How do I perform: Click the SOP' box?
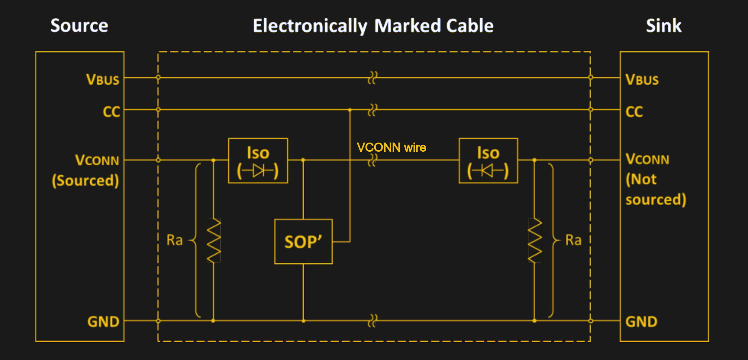pos(303,242)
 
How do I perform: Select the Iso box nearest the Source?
pos(258,161)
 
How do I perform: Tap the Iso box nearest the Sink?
pos(488,161)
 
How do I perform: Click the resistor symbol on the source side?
pos(213,240)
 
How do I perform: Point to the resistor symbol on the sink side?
pos(535,240)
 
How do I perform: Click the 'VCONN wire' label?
pos(391,147)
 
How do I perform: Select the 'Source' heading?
pos(79,26)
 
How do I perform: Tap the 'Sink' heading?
pos(663,26)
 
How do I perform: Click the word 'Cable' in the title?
pos(470,26)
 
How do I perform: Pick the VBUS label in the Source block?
pos(103,80)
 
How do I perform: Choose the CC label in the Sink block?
pos(634,112)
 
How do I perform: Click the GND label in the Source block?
pos(103,322)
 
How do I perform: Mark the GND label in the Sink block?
pos(641,322)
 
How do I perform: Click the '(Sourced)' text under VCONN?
pos(85,181)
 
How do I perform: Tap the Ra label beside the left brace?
pos(174,240)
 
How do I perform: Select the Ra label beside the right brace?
pos(573,240)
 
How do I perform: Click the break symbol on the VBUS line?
pos(373,77)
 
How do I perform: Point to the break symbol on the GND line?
pos(373,321)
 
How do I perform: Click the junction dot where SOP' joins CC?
pos(350,110)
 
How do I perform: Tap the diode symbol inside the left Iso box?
pos(258,171)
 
